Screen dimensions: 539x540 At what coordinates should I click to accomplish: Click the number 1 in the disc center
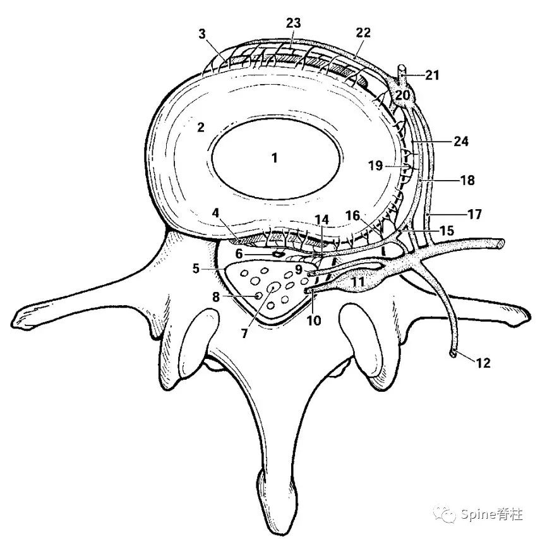coord(275,158)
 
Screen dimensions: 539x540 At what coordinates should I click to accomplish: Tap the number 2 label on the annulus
coord(200,127)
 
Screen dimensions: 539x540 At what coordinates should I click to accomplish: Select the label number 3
coord(202,33)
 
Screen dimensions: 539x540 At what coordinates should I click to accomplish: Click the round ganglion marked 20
coord(403,96)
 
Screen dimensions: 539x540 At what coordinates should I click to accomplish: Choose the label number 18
coord(467,180)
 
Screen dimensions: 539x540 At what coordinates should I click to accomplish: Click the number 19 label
coord(376,166)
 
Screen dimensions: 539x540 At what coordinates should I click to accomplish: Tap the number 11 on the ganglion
coord(358,281)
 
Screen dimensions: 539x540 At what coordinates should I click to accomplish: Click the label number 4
coord(217,214)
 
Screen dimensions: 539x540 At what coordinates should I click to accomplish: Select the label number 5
coord(198,268)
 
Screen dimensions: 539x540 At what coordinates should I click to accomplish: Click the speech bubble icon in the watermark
coord(449,515)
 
